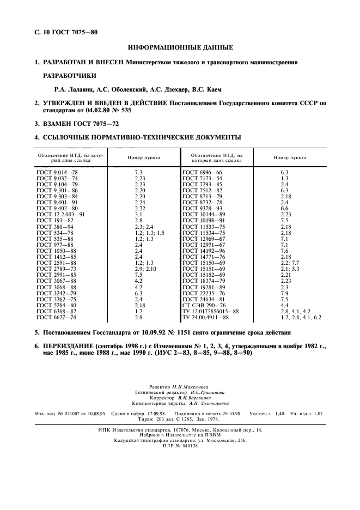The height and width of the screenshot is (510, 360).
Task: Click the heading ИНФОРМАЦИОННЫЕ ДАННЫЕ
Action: (180, 48)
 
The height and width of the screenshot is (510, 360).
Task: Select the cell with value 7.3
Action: (138, 172)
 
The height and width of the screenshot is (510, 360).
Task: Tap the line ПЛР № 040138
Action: (180, 445)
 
